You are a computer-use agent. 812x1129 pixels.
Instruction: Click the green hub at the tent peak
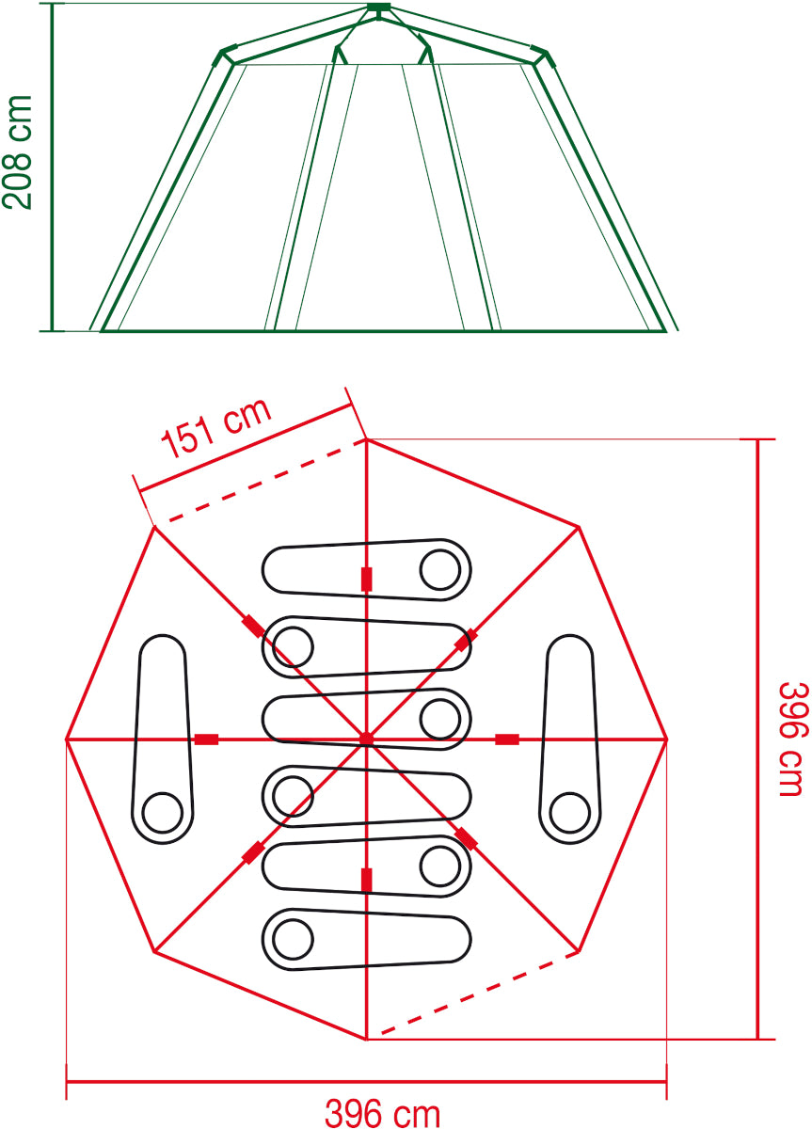(377, 10)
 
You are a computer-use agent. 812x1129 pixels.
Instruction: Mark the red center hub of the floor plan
(366, 739)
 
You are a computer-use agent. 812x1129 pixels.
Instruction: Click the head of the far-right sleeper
(568, 810)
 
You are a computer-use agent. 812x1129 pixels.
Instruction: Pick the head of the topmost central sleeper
(438, 568)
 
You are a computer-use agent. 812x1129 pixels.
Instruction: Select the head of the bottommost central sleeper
(292, 937)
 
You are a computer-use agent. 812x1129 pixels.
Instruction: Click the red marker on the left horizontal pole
(206, 739)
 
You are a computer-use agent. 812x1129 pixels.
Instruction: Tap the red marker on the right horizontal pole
(506, 739)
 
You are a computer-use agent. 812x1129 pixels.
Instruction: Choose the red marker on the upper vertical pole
(366, 579)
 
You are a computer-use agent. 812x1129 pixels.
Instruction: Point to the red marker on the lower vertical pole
(366, 880)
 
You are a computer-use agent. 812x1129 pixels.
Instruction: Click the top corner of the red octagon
(366, 439)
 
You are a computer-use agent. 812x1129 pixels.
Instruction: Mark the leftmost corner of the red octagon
(67, 739)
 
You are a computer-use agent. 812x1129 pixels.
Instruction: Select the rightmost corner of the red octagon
(666, 739)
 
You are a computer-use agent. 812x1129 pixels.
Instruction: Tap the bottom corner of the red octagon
(366, 1040)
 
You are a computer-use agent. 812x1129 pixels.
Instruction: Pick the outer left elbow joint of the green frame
(226, 55)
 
